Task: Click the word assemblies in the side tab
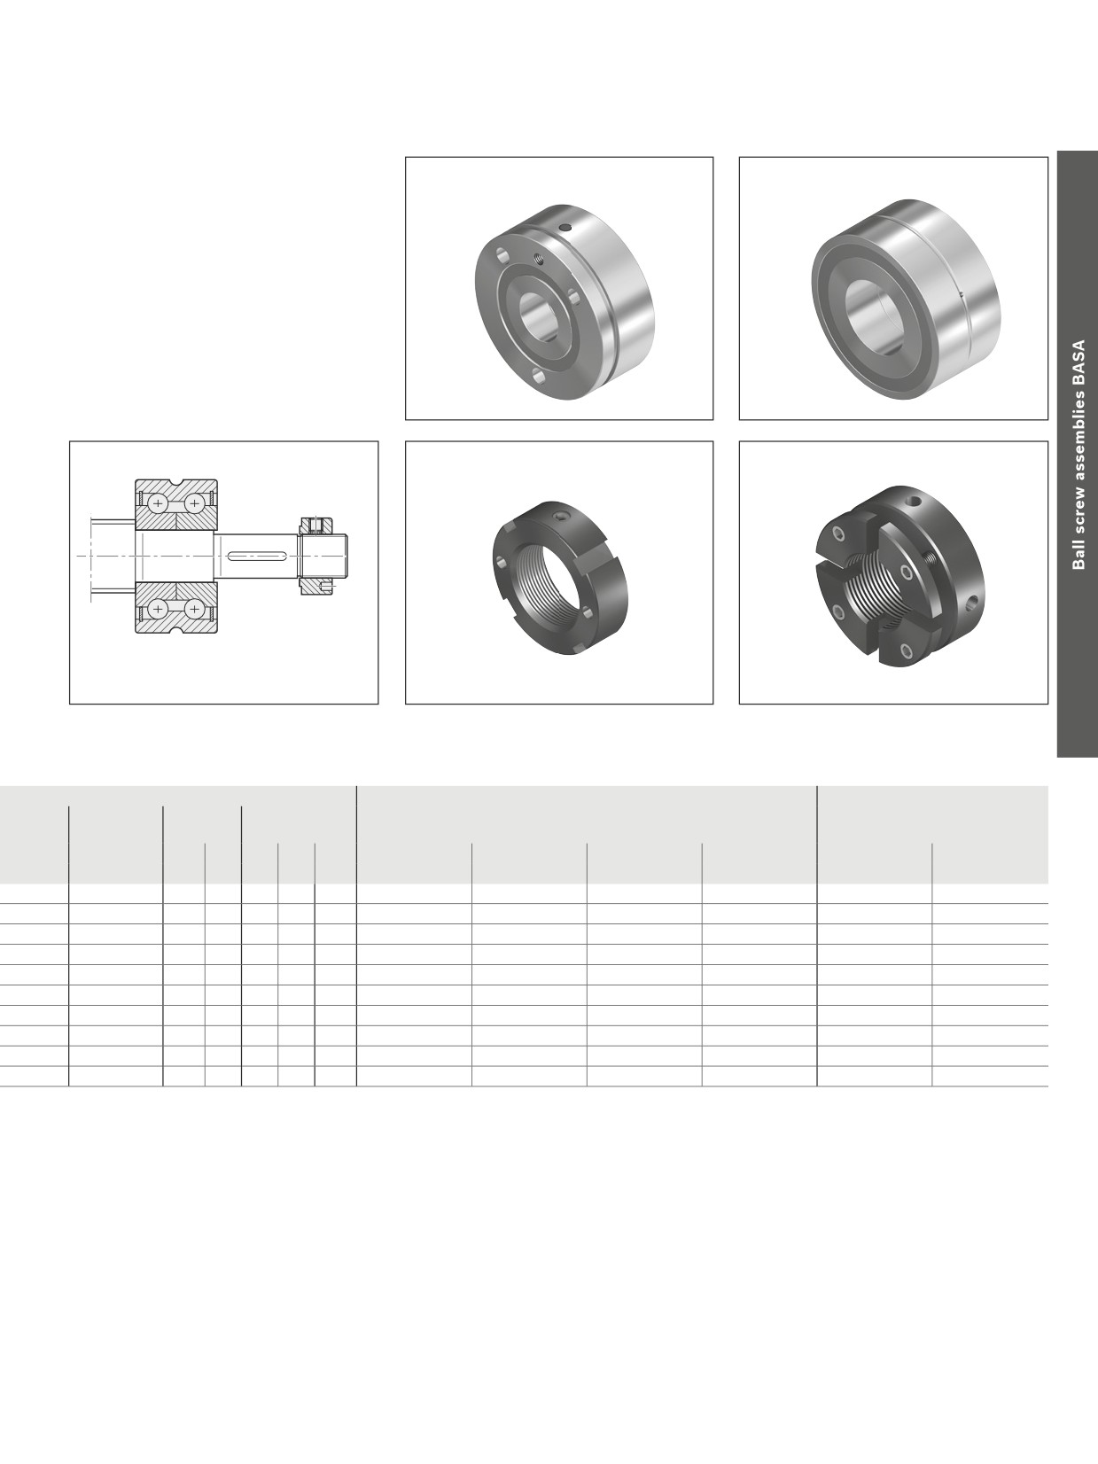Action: tap(1079, 438)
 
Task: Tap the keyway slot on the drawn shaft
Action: tap(257, 554)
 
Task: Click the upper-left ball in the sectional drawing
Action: tap(158, 502)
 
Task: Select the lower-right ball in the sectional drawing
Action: tap(193, 608)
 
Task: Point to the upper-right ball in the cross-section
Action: tap(193, 502)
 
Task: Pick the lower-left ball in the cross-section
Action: tap(158, 608)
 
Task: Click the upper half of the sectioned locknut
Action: tap(315, 525)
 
